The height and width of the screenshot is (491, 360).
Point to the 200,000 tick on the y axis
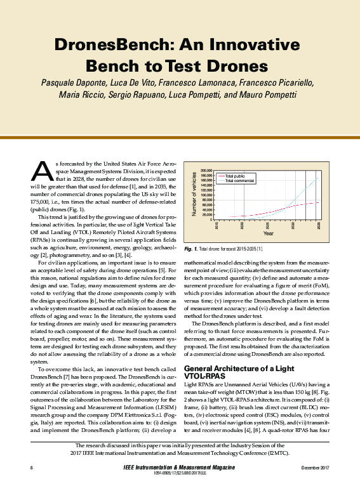coord(205,171)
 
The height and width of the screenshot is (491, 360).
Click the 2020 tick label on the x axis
coord(243,225)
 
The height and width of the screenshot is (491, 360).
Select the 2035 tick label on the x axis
coord(318,225)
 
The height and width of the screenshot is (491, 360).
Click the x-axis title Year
coord(269,233)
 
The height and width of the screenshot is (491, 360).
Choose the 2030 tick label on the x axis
coord(293,225)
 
